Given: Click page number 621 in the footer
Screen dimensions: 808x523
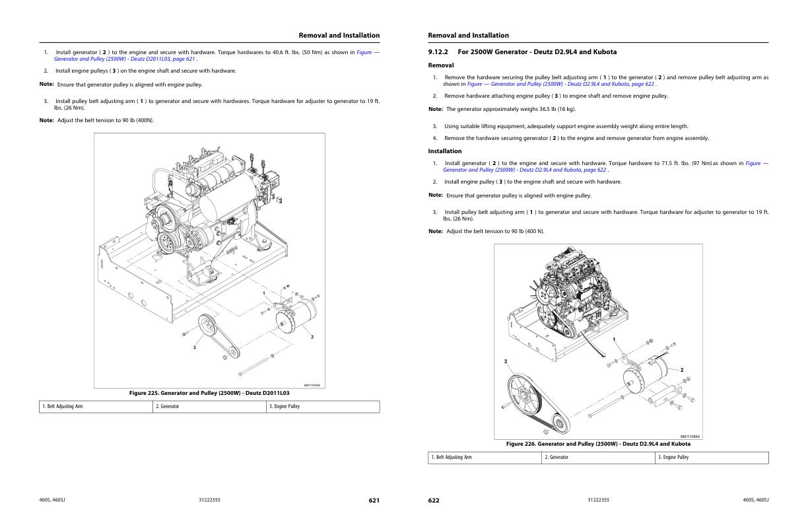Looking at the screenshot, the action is point(374,501).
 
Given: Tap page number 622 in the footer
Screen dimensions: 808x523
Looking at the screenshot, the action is point(434,501).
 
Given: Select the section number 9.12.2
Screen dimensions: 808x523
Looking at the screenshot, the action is point(438,52).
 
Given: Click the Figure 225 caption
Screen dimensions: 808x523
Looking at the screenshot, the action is point(209,393).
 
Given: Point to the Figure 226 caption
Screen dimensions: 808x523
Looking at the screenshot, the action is point(598,444).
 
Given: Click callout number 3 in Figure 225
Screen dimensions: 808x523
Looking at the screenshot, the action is point(195,347).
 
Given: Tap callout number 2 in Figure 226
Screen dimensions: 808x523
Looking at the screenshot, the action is point(682,370).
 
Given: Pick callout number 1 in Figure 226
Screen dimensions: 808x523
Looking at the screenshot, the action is point(614,339).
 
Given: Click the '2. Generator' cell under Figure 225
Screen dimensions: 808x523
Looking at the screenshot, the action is point(209,406).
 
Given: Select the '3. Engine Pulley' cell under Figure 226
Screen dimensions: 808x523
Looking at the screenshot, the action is point(712,458).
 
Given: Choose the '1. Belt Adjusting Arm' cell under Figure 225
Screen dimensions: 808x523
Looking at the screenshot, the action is point(96,406).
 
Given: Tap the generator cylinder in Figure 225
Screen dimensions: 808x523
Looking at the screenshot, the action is point(296,316).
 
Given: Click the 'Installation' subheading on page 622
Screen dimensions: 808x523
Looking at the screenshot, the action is point(445,151).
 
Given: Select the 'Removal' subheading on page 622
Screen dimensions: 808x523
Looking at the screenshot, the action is point(441,65).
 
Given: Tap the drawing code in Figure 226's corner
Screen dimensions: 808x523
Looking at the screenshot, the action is point(690,436).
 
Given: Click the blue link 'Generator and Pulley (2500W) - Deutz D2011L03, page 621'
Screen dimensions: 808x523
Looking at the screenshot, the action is point(125,59).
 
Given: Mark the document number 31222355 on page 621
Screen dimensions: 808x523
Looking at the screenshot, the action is point(209,500).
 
